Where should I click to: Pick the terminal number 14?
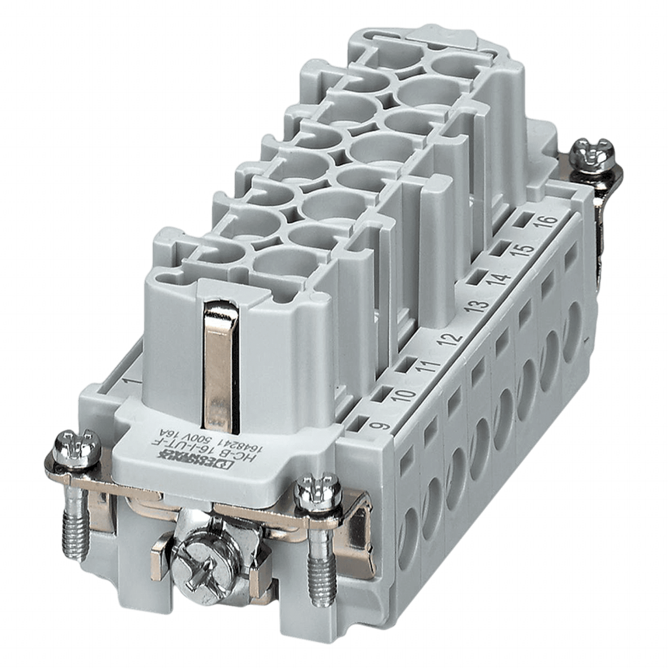[x=499, y=279]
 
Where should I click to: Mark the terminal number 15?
[x=522, y=251]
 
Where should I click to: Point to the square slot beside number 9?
[x=356, y=424]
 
